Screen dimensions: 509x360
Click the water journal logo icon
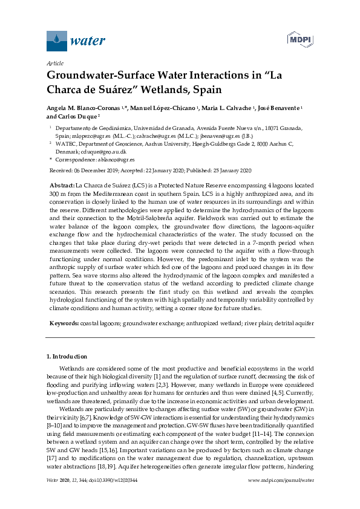click(x=56, y=41)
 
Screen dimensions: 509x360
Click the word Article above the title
click(x=55, y=63)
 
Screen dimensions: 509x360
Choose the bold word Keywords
click(x=63, y=323)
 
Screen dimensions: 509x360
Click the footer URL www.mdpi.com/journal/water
click(x=281, y=497)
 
